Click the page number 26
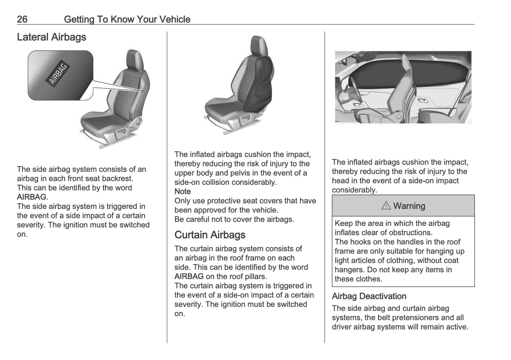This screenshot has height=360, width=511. tap(22, 19)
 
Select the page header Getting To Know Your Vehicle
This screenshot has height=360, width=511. tap(127, 19)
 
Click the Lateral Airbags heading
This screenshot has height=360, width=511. tap(51, 37)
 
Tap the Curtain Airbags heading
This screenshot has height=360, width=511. tap(210, 235)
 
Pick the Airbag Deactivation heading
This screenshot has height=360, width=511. tap(369, 296)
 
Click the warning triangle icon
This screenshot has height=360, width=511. tap(386, 206)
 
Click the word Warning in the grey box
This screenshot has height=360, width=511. tap(409, 206)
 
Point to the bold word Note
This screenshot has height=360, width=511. tap(182, 191)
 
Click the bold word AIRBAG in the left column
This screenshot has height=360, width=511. tap(31, 197)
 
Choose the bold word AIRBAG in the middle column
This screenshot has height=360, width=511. tap(189, 277)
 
